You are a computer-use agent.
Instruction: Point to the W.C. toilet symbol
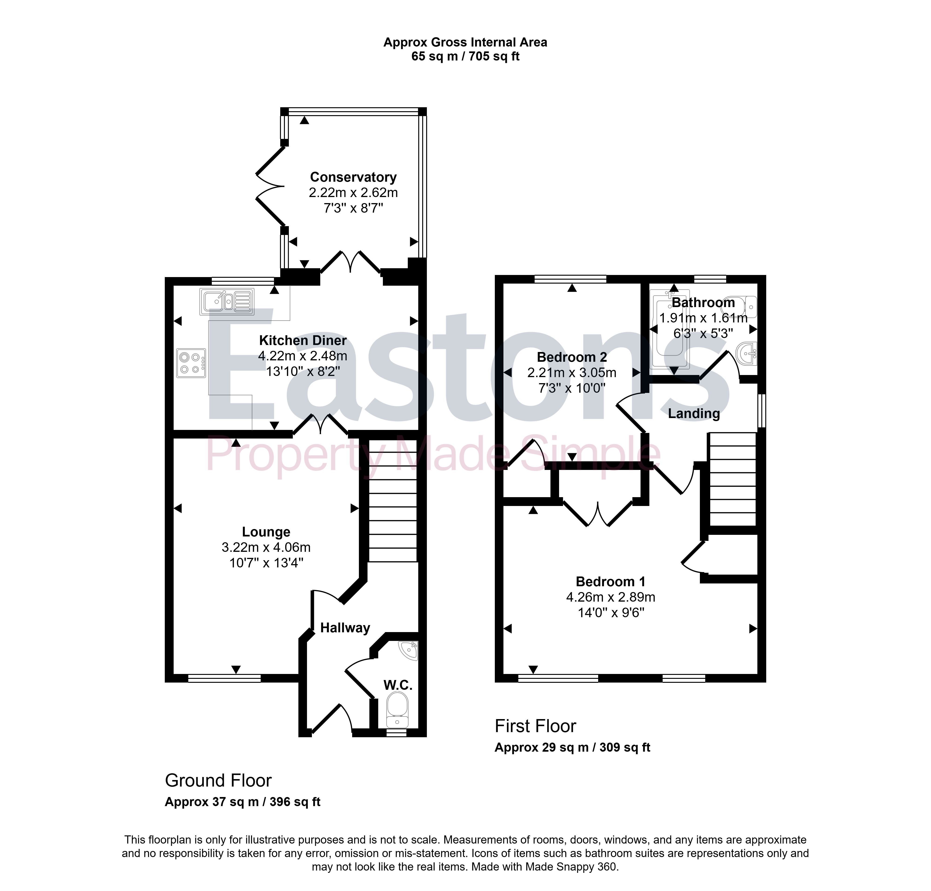click(397, 709)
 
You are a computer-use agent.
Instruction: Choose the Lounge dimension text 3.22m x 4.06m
click(266, 547)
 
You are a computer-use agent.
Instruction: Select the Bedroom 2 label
click(572, 357)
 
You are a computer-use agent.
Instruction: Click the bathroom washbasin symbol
click(747, 353)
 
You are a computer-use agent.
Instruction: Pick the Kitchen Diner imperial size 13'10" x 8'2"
click(303, 371)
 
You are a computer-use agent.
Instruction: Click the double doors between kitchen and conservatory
click(351, 262)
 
